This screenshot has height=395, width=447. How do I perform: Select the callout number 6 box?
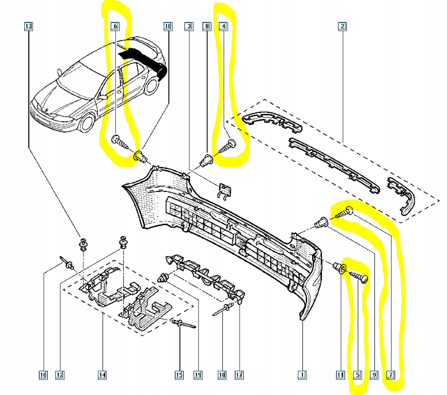point(114,26)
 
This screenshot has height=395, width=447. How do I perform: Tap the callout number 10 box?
point(168,26)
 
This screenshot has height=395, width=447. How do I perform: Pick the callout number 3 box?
point(188,26)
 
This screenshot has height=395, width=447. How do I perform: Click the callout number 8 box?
point(206,26)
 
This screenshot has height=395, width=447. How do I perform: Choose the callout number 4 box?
point(223,26)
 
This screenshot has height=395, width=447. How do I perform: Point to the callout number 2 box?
point(342,26)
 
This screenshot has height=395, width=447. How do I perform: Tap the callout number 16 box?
point(43,375)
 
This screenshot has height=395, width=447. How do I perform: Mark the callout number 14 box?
point(102,375)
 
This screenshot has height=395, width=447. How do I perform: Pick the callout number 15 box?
point(179,375)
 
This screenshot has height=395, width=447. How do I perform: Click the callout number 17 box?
point(239,375)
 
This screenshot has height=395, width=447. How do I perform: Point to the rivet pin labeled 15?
point(179,324)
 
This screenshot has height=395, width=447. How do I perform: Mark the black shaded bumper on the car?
point(144,60)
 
